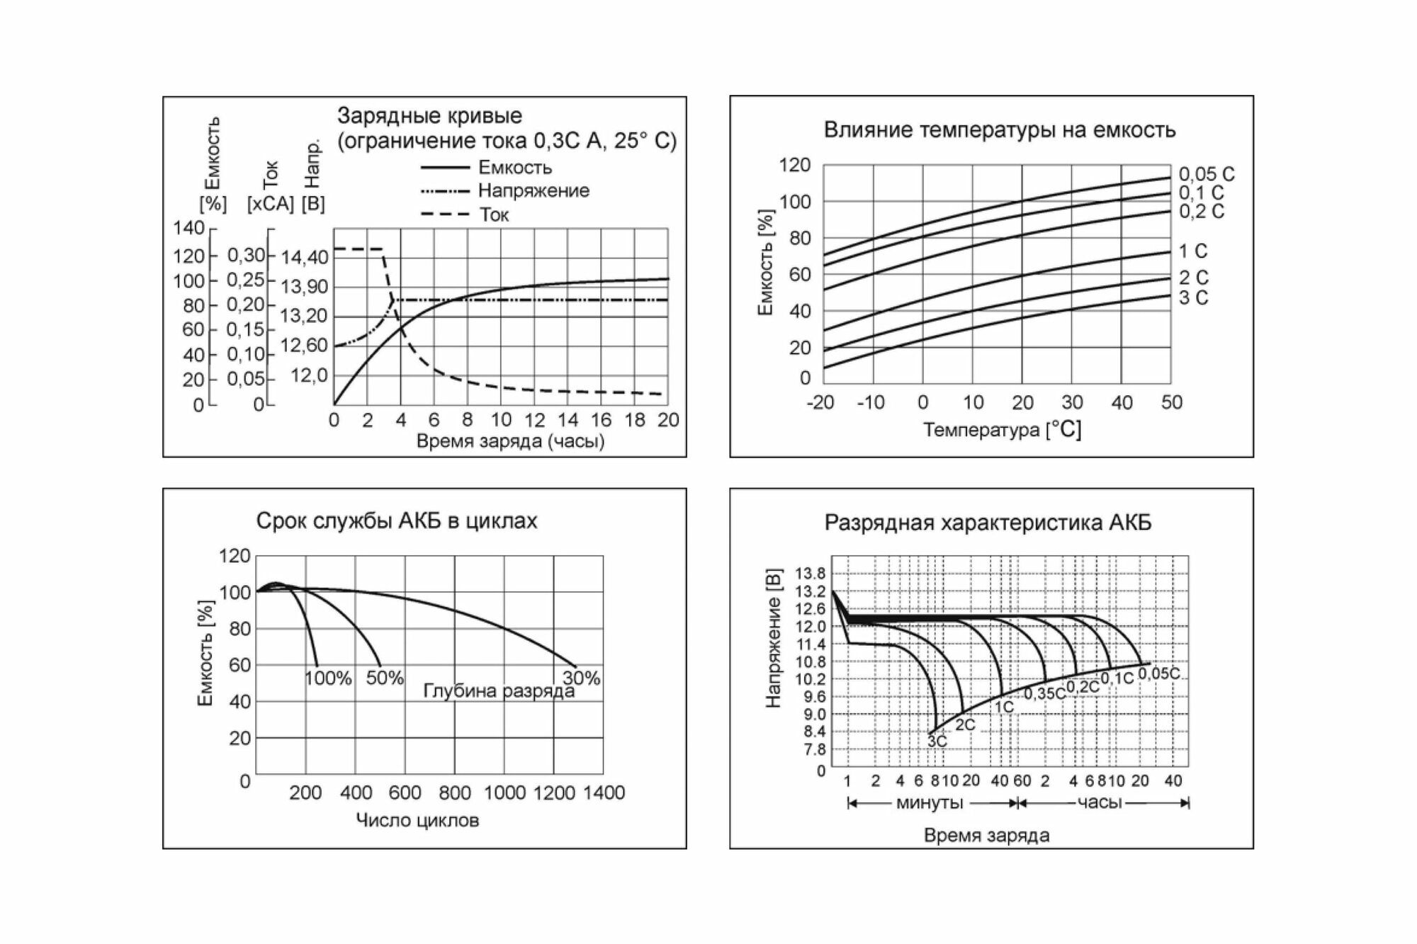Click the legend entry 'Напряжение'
point(533,190)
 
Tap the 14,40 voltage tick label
point(305,257)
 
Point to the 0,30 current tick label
point(246,255)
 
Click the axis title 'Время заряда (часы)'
point(510,441)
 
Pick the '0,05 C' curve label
point(1207,174)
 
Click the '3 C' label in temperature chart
point(1193,298)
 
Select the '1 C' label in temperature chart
point(1193,251)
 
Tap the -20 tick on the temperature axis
point(820,402)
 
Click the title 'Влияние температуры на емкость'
point(999,130)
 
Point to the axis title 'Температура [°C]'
point(1002,429)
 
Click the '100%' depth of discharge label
point(328,678)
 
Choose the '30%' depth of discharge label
point(581,678)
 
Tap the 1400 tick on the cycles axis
point(604,792)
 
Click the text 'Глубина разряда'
point(499,690)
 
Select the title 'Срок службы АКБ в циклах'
point(397,521)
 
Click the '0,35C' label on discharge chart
point(1044,694)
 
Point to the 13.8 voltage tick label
point(811,574)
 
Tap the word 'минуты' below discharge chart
point(930,803)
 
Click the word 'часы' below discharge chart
point(1100,802)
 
